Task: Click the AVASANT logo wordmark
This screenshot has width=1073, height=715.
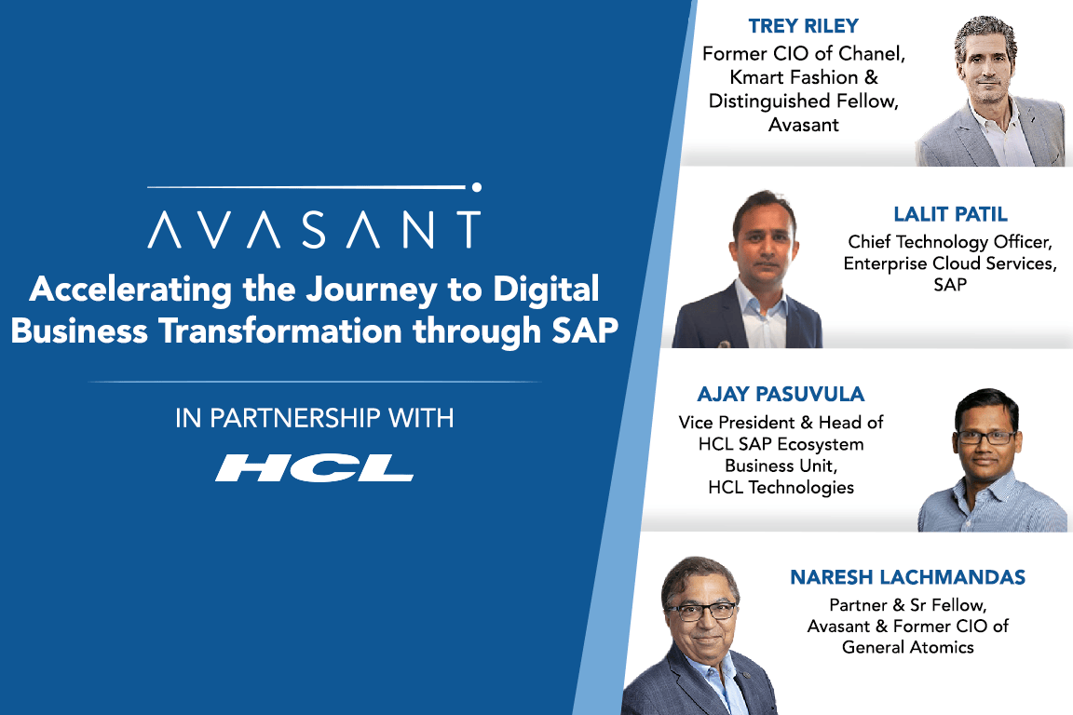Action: (314, 229)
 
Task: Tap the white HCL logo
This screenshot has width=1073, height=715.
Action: (314, 467)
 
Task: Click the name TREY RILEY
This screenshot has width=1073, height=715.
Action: (804, 25)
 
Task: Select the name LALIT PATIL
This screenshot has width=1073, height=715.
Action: (951, 214)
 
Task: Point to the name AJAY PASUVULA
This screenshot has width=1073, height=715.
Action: (781, 394)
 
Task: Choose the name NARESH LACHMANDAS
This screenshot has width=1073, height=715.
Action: (907, 577)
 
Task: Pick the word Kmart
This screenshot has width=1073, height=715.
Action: (761, 78)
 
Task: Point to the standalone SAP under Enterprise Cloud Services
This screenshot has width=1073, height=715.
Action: (949, 285)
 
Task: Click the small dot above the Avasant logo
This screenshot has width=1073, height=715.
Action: (476, 187)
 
